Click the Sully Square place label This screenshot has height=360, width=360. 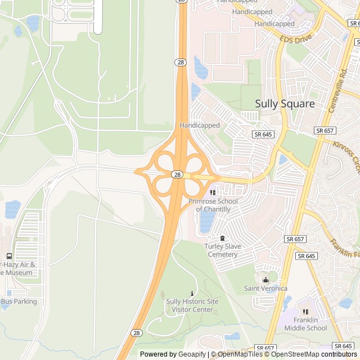pos(285,103)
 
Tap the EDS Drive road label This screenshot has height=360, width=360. pos(295,39)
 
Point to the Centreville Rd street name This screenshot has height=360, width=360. pos(337,91)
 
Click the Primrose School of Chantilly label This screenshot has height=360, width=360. pos(213,205)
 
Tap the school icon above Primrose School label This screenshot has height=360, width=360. pos(213,193)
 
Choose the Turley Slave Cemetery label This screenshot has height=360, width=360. pos(223,250)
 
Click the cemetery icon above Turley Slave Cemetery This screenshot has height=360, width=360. pos(223,238)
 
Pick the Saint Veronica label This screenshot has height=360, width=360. pos(265,289)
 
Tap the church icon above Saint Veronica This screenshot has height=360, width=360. pos(265,280)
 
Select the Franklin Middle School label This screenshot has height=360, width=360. pos(305,324)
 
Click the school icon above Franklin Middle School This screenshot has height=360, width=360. pos(305,312)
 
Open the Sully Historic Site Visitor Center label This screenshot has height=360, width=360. pos(192,305)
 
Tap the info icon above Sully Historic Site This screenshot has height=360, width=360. pos(192,293)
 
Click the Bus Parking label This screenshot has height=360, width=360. pos(19,301)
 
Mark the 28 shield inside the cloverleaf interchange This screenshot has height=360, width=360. pos(177,174)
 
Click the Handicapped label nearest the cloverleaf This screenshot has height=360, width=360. pos(199,125)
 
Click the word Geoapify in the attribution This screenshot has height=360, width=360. pos(193,354)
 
